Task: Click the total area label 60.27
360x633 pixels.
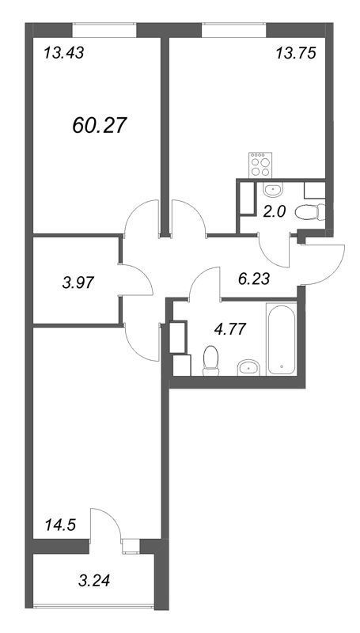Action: pyautogui.click(x=100, y=124)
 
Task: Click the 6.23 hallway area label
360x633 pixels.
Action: pyautogui.click(x=255, y=278)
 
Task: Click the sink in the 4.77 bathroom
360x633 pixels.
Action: pyautogui.click(x=249, y=366)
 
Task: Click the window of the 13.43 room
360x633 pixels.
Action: pyautogui.click(x=104, y=29)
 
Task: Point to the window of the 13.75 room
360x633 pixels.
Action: pyautogui.click(x=234, y=29)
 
